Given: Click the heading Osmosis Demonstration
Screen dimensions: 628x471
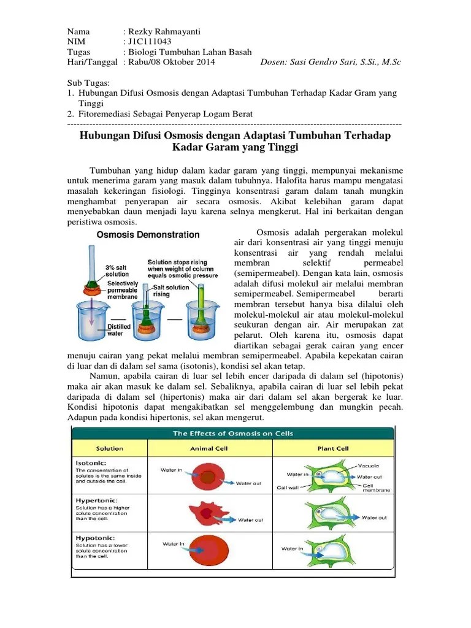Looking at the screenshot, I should coord(147,235).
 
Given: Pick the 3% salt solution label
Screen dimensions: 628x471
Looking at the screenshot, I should coord(118,271).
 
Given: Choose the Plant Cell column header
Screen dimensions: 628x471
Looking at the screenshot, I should coord(333,448).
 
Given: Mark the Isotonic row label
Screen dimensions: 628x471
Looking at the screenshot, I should coord(91,463).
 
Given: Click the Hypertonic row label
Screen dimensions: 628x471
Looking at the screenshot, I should coord(94,500).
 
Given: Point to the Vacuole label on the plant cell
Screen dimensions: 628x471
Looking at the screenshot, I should coord(368,465).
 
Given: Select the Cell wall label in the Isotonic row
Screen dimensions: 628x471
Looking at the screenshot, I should coord(287,488).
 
